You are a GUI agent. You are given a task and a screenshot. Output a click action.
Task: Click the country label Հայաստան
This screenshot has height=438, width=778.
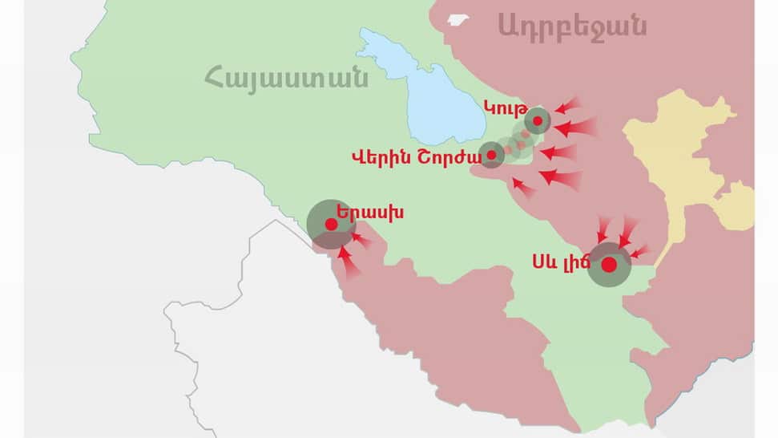coord(286,79)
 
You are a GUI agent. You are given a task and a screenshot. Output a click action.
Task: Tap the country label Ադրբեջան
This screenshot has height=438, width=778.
coord(571,26)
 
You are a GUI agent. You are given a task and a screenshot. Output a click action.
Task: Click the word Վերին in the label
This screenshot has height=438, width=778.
coord(379,157)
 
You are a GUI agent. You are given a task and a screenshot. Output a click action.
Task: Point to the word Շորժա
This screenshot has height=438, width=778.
coord(442,157)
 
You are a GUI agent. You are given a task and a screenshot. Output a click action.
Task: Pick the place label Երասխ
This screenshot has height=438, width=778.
coord(369,213)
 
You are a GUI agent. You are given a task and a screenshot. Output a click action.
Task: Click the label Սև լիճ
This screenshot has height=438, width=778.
coord(559,262)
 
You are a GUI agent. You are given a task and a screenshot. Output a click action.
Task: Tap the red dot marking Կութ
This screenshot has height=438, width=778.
coord(538,121)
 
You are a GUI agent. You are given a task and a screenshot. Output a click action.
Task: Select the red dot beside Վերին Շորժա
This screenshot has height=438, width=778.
coord(491,155)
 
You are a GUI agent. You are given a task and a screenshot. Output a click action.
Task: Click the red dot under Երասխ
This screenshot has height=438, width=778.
coord(330,225)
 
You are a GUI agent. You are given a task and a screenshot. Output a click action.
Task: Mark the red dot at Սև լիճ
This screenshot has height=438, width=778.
coord(609,265)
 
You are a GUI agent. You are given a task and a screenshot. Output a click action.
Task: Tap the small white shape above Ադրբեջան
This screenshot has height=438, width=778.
coord(458,19)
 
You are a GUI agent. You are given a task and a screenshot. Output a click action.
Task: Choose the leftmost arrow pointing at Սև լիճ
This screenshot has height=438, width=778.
coord(602,229)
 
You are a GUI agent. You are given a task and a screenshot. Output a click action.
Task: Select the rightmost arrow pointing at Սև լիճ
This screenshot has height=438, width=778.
coord(642,252)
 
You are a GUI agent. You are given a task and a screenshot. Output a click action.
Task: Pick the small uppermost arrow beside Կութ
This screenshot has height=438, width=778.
coord(568,105)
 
